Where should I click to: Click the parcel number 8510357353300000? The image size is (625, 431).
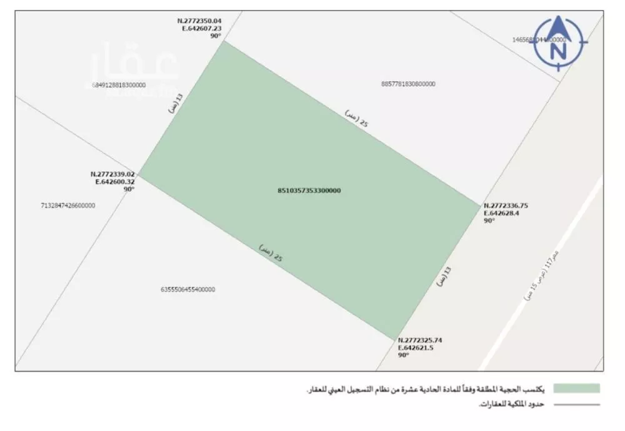pyautogui.click(x=309, y=191)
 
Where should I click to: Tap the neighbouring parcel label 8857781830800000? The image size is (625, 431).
pyautogui.click(x=407, y=84)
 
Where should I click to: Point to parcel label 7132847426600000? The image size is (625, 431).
pyautogui.click(x=67, y=205)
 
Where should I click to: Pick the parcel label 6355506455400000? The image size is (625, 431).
pyautogui.click(x=187, y=290)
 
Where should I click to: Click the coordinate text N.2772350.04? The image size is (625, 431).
pyautogui.click(x=199, y=21)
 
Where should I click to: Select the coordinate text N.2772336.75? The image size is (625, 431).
pyautogui.click(x=506, y=206)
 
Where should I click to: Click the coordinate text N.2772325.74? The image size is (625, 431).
pyautogui.click(x=420, y=340)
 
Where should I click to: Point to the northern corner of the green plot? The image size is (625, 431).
pyautogui.click(x=223, y=42)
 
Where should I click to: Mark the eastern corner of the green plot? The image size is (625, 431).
pyautogui.click(x=479, y=204)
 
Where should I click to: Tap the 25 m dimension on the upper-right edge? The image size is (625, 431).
pyautogui.click(x=357, y=119)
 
